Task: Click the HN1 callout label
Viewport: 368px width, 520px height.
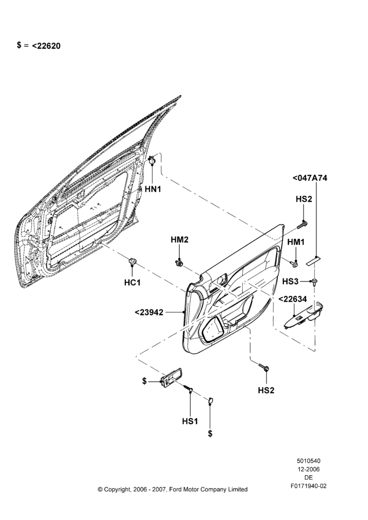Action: click(x=153, y=189)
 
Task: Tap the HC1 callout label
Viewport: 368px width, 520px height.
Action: click(x=132, y=282)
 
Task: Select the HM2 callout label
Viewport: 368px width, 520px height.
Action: click(x=179, y=239)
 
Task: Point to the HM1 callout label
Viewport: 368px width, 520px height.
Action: click(x=296, y=242)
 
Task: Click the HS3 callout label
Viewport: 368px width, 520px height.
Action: click(x=291, y=281)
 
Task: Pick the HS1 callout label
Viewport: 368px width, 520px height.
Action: click(x=190, y=421)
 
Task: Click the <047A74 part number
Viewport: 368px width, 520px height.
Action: click(x=310, y=178)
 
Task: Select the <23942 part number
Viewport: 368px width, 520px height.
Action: click(x=149, y=313)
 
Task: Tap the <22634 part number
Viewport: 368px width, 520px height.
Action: click(x=293, y=300)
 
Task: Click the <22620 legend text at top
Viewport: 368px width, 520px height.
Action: click(x=46, y=46)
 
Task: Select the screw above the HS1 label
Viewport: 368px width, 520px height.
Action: click(x=188, y=388)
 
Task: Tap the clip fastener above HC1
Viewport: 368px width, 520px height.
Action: click(x=132, y=262)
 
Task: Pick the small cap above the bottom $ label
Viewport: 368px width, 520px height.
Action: click(x=210, y=401)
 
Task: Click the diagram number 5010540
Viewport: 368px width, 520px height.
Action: click(x=308, y=461)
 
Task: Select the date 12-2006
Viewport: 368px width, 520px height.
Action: click(x=308, y=469)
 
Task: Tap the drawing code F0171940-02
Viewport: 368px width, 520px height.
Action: click(x=309, y=486)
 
